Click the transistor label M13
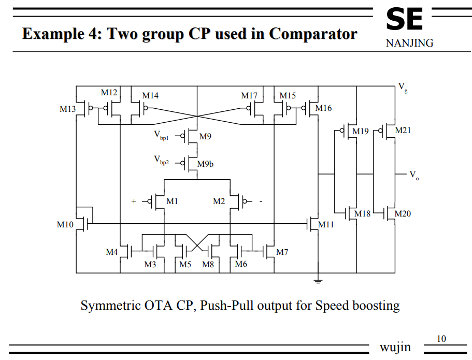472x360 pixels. tap(67, 109)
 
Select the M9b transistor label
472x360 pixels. tap(205, 164)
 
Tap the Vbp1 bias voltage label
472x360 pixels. tap(161, 136)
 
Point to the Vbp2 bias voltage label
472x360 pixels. tap(161, 161)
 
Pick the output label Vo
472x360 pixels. tap(414, 175)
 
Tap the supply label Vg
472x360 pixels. tap(403, 87)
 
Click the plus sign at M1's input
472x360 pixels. tap(134, 201)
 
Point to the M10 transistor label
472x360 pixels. tap(65, 224)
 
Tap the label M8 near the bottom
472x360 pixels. tap(208, 264)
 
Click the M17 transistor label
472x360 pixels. tap(249, 96)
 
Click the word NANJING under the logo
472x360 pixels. tap(409, 43)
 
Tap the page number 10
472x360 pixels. tap(441, 339)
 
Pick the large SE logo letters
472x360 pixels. tap(404, 20)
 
